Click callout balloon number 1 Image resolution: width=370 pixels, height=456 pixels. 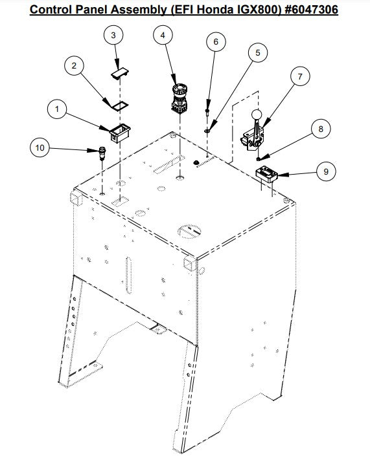tap(57, 109)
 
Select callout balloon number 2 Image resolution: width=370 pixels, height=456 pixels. tap(74, 66)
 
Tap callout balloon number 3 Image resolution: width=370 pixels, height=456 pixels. tap(113, 35)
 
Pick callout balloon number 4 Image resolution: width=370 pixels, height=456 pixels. tap(163, 35)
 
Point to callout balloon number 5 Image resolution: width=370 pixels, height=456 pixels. tap(258, 52)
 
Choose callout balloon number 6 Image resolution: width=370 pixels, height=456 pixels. tap(216, 42)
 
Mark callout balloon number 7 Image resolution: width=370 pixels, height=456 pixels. tap(300, 76)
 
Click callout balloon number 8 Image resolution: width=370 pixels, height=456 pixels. tap(321, 129)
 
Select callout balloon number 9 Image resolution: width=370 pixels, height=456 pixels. tap(326, 171)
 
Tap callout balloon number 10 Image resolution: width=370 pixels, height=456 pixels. tap(40, 147)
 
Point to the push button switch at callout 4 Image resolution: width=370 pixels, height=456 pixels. tap(179, 98)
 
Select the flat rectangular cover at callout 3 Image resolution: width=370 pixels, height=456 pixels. tap(121, 73)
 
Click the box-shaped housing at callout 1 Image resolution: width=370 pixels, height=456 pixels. tap(120, 133)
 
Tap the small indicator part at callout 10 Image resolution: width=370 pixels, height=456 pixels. tap(102, 153)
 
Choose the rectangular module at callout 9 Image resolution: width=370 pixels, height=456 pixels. tap(266, 174)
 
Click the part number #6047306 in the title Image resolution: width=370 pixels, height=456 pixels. tap(310, 9)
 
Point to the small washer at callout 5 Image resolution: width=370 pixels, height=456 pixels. tap(207, 131)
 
